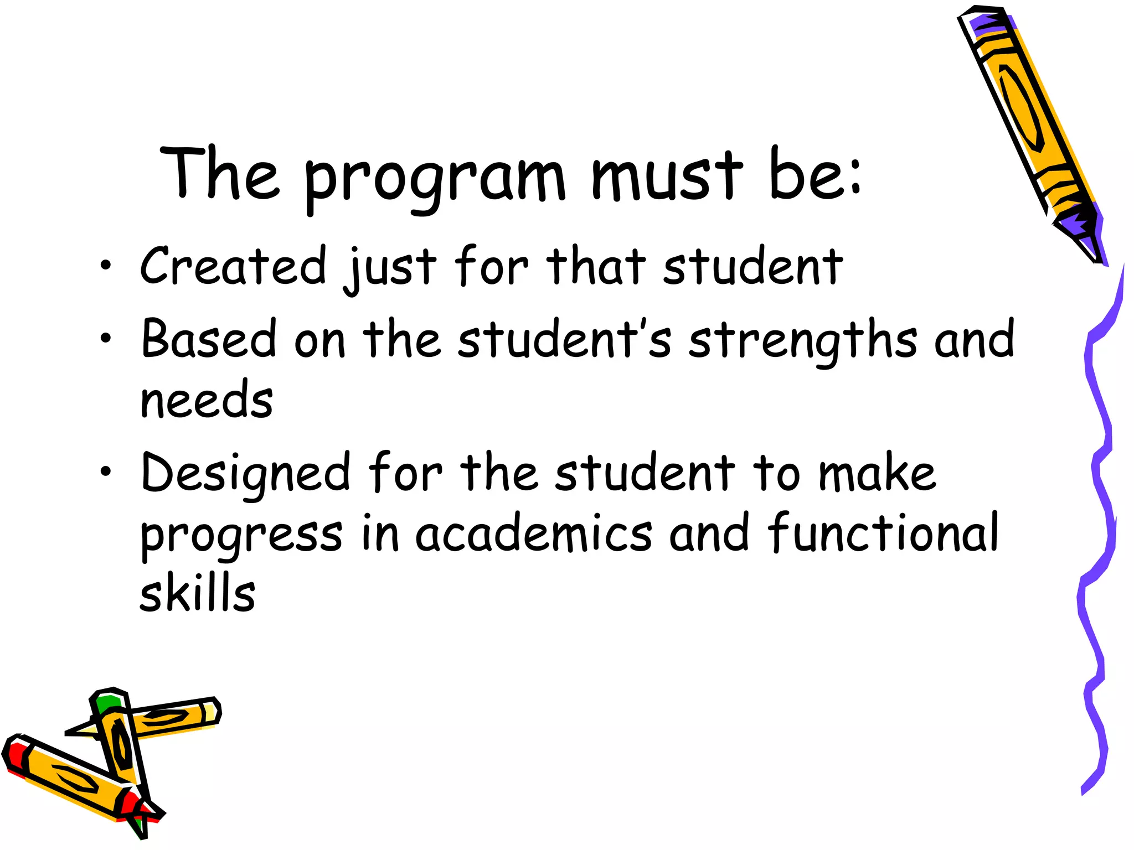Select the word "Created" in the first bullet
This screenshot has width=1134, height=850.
pyautogui.click(x=233, y=266)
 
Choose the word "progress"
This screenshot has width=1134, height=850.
pyautogui.click(x=241, y=536)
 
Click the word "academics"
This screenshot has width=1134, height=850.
pyautogui.click(x=533, y=533)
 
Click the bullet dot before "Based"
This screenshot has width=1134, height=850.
pyautogui.click(x=105, y=338)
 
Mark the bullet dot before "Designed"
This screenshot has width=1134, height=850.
pyautogui.click(x=105, y=472)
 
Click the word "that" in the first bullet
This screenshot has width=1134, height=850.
pyautogui.click(x=596, y=266)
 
